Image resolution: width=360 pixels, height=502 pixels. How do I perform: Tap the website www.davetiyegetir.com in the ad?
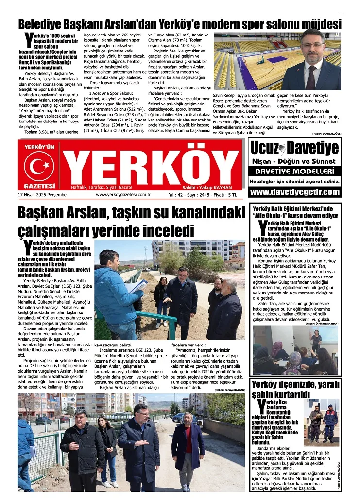294,192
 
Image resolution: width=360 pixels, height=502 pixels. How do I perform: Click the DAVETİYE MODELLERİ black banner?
294,171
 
